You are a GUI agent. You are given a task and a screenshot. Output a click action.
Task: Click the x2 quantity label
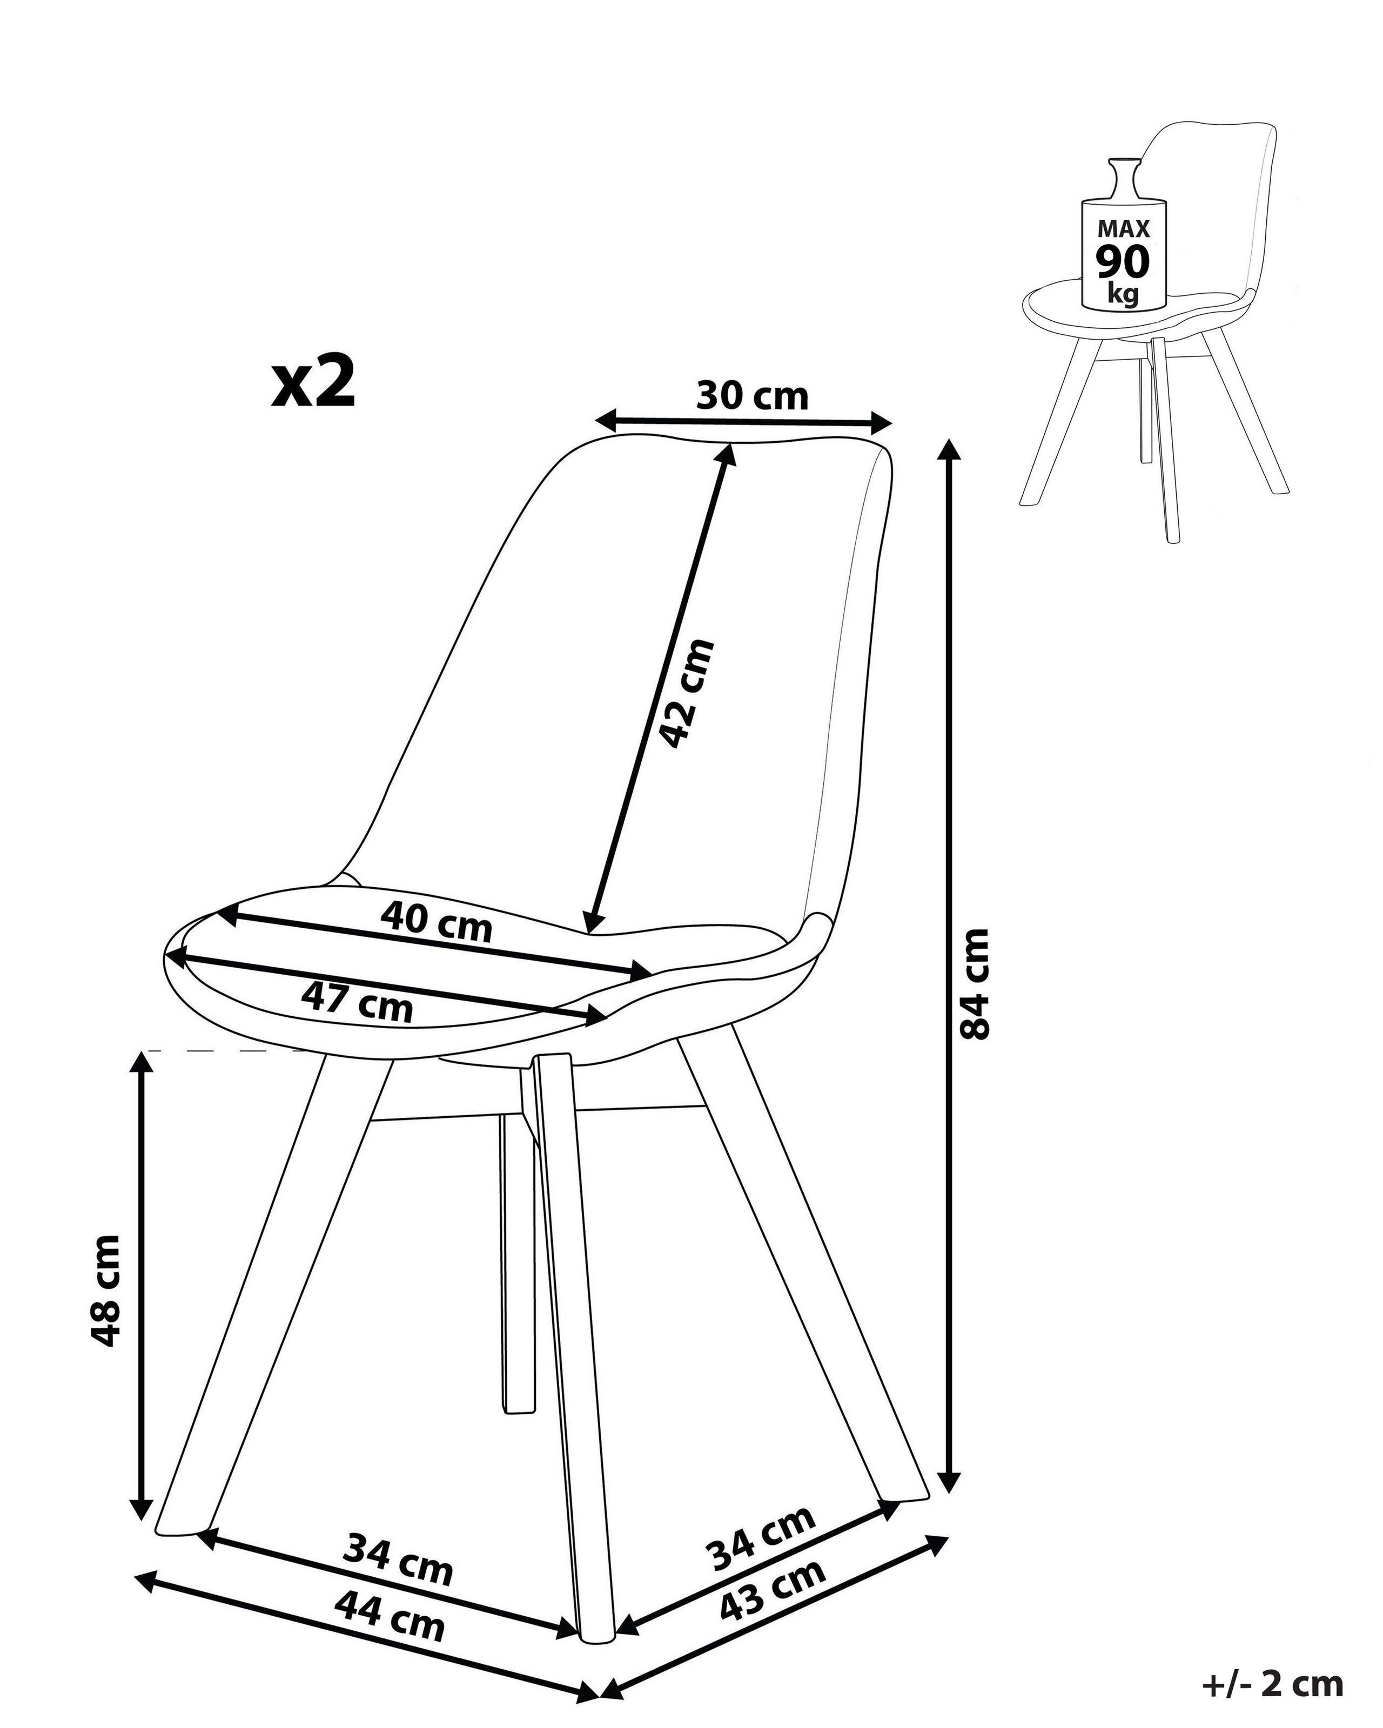click(313, 384)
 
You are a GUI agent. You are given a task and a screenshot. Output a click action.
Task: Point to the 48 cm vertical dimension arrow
click(142, 1291)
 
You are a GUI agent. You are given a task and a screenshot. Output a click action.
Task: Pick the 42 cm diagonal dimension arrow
click(659, 689)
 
